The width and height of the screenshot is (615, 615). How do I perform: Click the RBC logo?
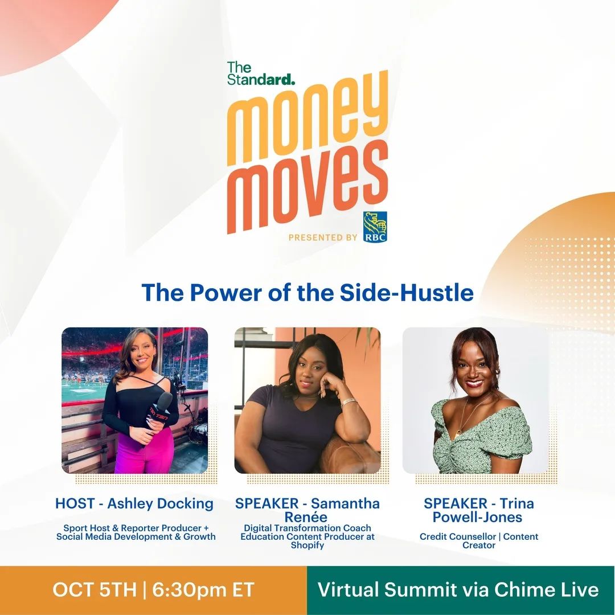(x=375, y=227)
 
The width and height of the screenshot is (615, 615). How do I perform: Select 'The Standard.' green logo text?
(x=260, y=73)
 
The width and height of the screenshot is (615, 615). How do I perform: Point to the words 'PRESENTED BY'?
(x=323, y=237)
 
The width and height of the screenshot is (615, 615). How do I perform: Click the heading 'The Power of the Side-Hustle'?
(x=307, y=292)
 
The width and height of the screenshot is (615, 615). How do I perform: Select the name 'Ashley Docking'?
(x=160, y=503)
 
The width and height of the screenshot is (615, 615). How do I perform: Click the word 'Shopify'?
(x=307, y=545)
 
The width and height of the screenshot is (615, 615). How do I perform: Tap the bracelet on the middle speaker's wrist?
(x=348, y=403)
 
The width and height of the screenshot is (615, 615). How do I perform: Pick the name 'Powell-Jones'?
(x=477, y=517)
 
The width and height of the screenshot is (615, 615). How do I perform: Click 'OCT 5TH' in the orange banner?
(x=95, y=590)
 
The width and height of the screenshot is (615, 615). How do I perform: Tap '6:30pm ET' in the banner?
(x=203, y=590)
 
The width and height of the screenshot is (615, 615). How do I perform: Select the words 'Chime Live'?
(x=546, y=590)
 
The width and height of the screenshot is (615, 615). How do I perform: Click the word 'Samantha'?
(x=345, y=503)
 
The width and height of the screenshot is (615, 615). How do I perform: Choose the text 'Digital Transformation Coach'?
(x=307, y=528)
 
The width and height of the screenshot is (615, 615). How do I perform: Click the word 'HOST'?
(x=75, y=503)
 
